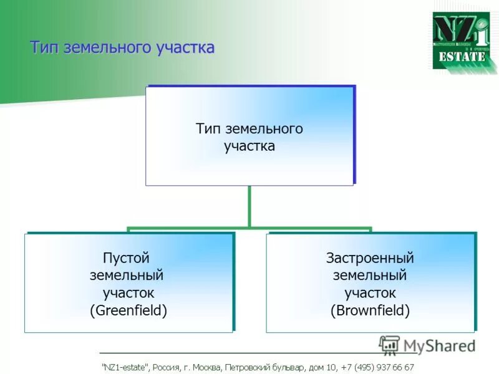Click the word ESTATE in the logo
[x=462, y=57]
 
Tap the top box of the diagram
[x=249, y=136]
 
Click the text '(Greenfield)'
[x=128, y=310]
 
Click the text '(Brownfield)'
[x=370, y=310]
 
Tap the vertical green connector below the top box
[x=249, y=206]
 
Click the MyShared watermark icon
[x=389, y=345]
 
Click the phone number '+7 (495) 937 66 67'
[x=377, y=368]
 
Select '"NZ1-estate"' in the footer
[x=125, y=368]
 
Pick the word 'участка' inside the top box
[x=249, y=147]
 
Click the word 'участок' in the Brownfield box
[x=370, y=292]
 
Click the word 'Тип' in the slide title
[x=45, y=48]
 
